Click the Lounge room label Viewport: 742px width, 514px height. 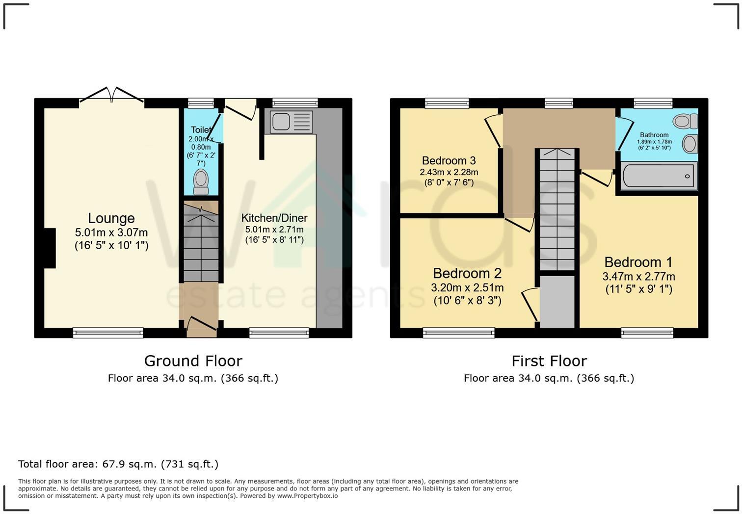(111, 218)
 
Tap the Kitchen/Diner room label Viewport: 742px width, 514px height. (274, 218)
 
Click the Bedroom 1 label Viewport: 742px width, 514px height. (638, 262)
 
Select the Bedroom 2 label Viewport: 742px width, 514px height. (467, 273)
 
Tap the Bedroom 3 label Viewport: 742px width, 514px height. (449, 161)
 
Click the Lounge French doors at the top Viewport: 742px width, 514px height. (112, 95)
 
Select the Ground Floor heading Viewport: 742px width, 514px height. (193, 361)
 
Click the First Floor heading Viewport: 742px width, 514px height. (549, 361)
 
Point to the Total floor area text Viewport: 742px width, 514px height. (118, 464)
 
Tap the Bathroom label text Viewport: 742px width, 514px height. (654, 135)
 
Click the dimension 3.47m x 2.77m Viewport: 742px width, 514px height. (638, 277)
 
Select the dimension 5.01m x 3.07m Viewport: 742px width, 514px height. (111, 232)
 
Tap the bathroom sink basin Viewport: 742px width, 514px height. (689, 144)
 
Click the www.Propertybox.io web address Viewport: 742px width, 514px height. (307, 496)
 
